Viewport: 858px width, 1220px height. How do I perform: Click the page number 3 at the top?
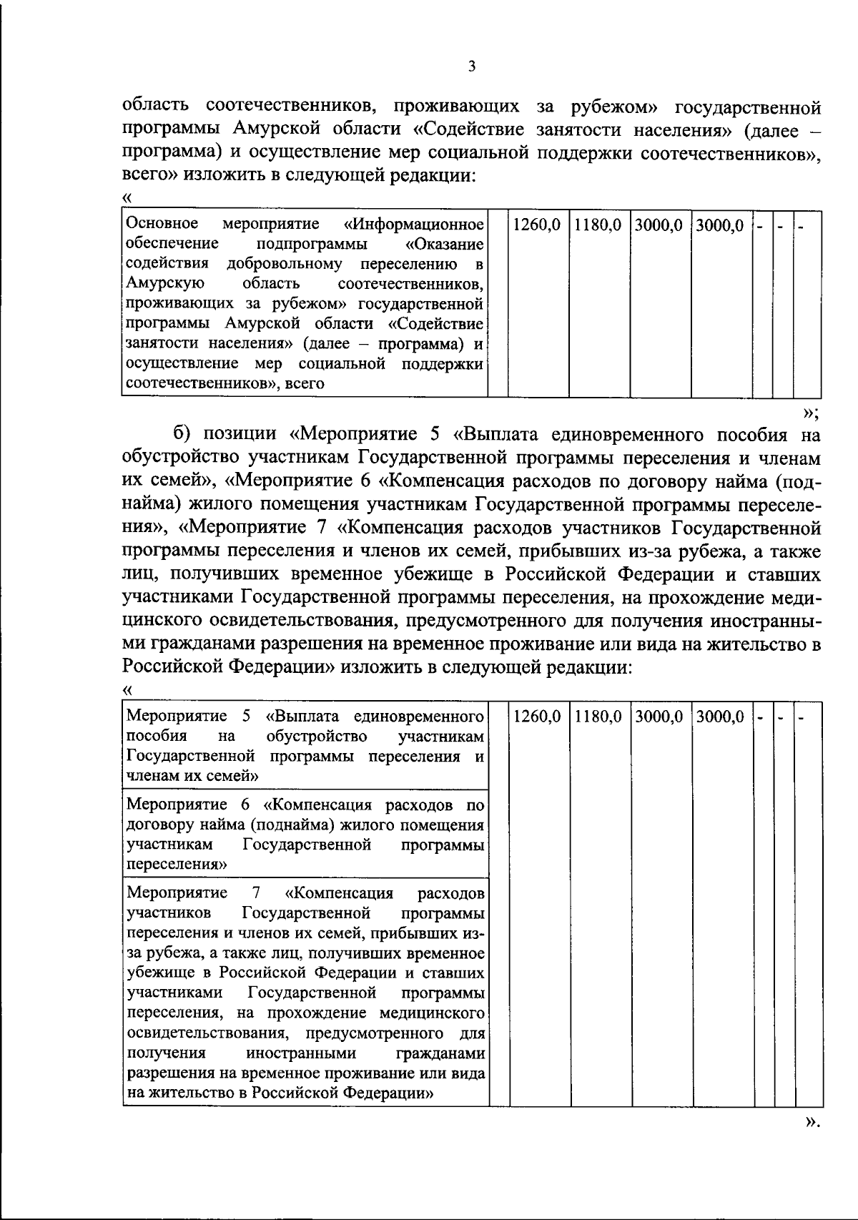(x=471, y=67)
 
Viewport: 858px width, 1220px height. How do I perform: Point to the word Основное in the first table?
(x=162, y=225)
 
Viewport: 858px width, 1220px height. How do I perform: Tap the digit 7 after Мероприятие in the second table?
(x=256, y=894)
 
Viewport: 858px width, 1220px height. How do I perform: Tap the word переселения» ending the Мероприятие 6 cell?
(x=177, y=865)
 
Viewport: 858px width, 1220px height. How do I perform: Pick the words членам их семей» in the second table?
(x=192, y=775)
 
